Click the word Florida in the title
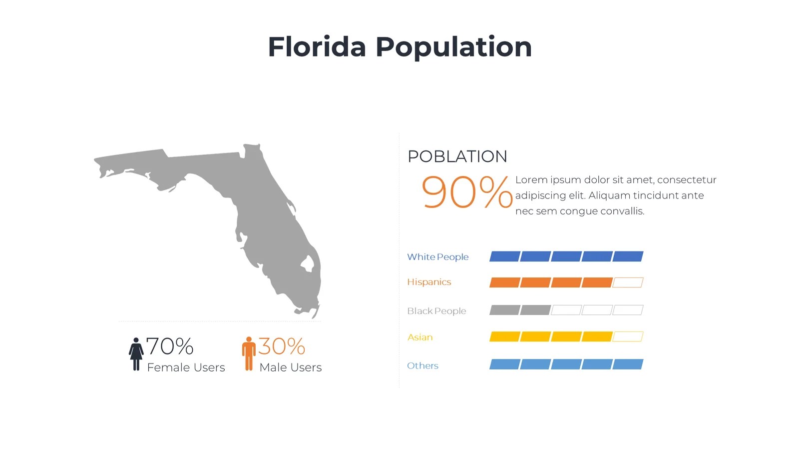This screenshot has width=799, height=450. pos(317,47)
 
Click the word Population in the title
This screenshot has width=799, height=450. pos(453,48)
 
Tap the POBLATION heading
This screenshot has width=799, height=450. pos(457,156)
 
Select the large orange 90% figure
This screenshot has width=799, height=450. pos(466,192)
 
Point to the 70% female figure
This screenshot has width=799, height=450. pos(170,346)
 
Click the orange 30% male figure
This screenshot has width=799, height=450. pos(282,346)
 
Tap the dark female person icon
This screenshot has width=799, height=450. pos(136,353)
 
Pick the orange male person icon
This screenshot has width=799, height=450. pos(249,353)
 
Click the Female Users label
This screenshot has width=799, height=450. pos(186,367)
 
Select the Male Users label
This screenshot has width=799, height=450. pos(290,367)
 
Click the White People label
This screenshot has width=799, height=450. pos(437,257)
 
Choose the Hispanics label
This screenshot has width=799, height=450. pos(429,282)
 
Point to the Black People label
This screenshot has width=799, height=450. pos(436,311)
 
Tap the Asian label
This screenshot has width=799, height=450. pos(420,337)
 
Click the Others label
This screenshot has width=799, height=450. pos(422,365)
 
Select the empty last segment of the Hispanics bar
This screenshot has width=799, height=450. pos(628,282)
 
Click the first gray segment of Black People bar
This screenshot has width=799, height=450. pos(504,310)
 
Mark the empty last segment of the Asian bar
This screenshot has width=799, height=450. pos(628,336)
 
